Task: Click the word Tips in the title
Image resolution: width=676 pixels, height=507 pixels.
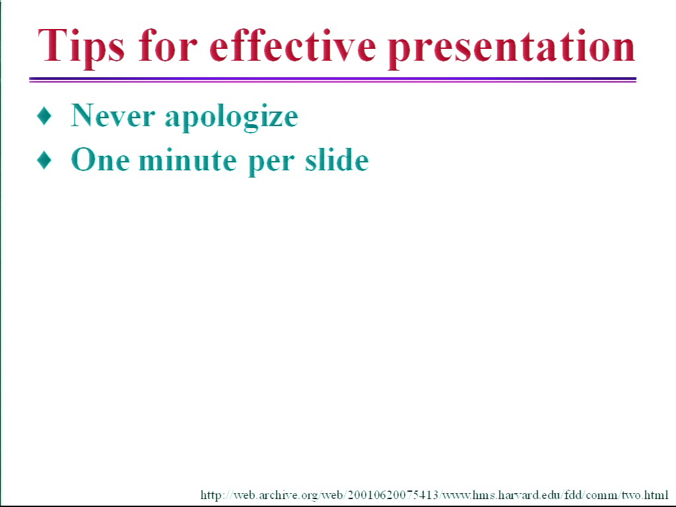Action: (81, 46)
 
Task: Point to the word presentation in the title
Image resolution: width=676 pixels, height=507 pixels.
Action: (512, 48)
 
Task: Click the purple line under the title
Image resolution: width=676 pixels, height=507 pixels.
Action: (333, 79)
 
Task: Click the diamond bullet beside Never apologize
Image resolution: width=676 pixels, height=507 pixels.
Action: (44, 116)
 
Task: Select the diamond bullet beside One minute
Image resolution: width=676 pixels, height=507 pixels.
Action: (44, 160)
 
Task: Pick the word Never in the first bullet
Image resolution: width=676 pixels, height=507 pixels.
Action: (112, 116)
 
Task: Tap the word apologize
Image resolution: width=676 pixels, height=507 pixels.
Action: (232, 118)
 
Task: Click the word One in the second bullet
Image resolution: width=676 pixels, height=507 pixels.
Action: (100, 160)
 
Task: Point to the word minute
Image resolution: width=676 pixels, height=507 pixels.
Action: (188, 160)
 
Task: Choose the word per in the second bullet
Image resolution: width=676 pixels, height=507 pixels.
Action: (271, 162)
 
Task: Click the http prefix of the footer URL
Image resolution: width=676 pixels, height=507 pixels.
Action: (211, 495)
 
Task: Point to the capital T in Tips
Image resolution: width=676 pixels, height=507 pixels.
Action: (51, 46)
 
